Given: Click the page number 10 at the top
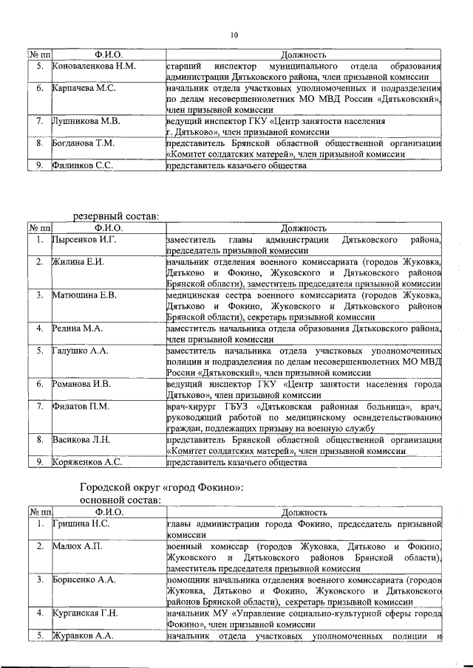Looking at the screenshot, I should point(234,35).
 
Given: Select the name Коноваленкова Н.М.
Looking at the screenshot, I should point(94,66).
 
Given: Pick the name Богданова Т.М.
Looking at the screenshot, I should point(84,142).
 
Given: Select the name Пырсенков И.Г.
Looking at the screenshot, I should point(85,240).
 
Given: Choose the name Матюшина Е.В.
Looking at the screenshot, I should point(85,295).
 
